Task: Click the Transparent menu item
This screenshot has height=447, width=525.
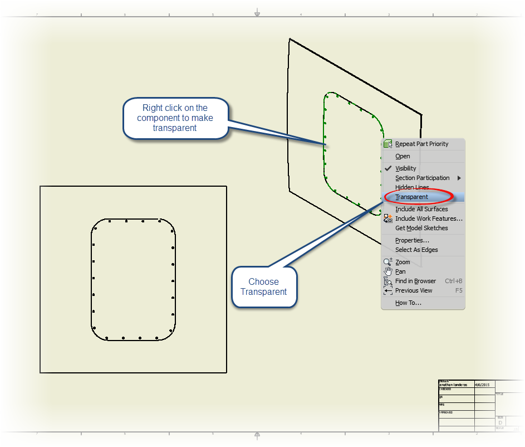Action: (x=411, y=197)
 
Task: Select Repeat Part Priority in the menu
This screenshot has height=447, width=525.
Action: (x=421, y=144)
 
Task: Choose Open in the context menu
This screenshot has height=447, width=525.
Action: (x=403, y=156)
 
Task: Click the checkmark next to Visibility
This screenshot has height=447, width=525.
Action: (x=388, y=168)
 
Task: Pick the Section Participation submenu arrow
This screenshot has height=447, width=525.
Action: (x=459, y=178)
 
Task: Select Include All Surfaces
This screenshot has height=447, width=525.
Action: (x=421, y=209)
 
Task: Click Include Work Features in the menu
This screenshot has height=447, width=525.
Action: (x=429, y=218)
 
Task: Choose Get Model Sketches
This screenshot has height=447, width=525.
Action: (x=421, y=228)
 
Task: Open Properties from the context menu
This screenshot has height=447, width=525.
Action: (x=412, y=240)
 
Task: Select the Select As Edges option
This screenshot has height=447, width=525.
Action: (x=416, y=250)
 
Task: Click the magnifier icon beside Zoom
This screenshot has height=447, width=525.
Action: (x=388, y=262)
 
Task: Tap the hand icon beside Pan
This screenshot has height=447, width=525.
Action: (x=388, y=271)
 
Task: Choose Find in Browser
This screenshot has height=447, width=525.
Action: (x=415, y=281)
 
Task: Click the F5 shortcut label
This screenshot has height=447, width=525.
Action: (x=459, y=290)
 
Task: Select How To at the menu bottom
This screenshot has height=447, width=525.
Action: (x=408, y=303)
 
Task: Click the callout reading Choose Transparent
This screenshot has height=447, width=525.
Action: (x=264, y=286)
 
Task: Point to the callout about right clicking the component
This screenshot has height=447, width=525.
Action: (x=175, y=118)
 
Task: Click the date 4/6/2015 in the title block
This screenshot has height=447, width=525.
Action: (x=482, y=385)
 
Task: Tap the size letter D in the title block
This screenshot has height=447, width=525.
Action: (x=500, y=422)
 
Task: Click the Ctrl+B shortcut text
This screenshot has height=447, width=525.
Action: (x=453, y=281)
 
